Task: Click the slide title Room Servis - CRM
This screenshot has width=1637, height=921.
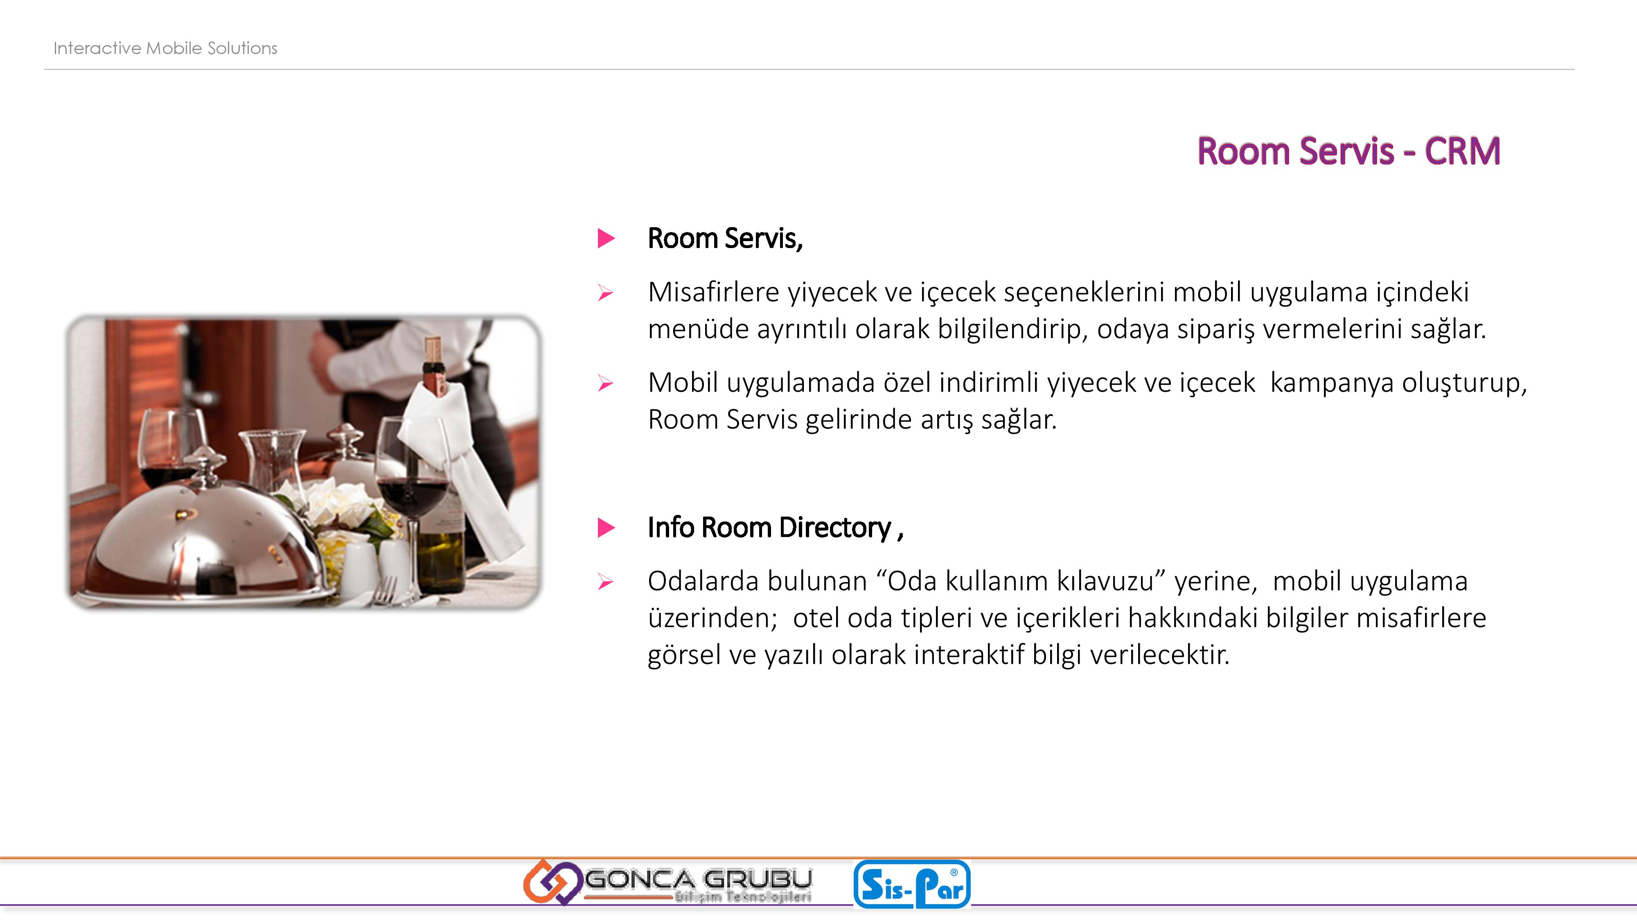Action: [x=1348, y=151]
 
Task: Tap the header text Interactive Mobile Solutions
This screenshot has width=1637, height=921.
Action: [x=165, y=48]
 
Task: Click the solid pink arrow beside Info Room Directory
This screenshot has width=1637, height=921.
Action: [x=606, y=528]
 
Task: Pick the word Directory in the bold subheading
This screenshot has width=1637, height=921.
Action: [x=835, y=528]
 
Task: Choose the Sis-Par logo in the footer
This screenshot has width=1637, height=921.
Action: [x=912, y=883]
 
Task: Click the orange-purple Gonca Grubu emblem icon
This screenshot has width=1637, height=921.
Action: [x=552, y=882]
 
